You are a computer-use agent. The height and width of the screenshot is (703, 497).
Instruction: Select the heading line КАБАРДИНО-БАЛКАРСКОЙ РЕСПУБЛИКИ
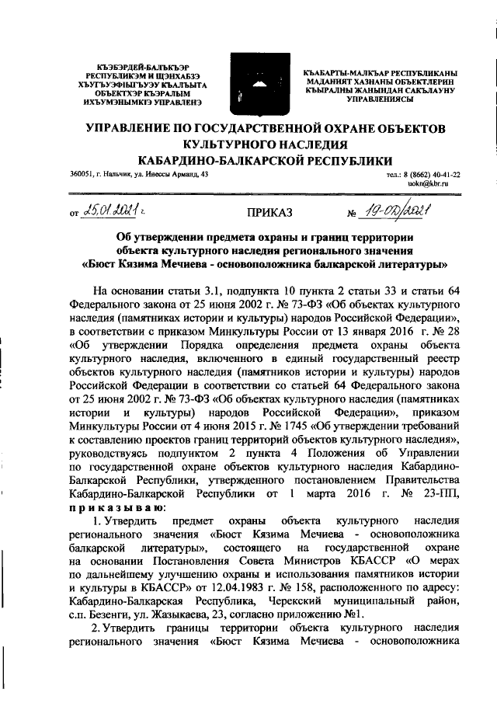264,159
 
